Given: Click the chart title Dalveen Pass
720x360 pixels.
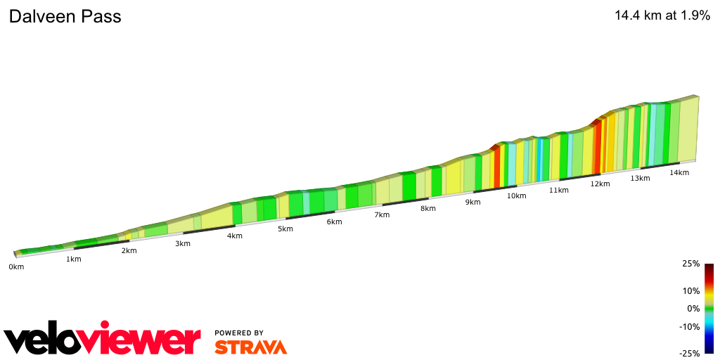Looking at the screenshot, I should [65, 17].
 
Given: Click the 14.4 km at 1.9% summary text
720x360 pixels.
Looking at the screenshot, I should [662, 16].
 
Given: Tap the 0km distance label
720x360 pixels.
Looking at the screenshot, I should [16, 267].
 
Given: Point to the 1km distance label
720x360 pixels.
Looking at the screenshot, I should [73, 259].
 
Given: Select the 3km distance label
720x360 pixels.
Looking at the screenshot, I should [182, 244].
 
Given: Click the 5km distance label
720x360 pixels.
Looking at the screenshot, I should [285, 229].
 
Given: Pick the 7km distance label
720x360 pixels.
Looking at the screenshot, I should [382, 214].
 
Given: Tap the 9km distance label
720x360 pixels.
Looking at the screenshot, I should [472, 202].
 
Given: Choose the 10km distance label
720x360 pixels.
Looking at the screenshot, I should [517, 195].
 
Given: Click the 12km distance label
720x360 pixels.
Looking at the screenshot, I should [600, 184].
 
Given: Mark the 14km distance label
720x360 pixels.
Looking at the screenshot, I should [679, 173].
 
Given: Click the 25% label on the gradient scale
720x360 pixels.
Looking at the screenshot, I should [691, 264].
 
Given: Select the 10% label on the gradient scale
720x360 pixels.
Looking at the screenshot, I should [691, 290].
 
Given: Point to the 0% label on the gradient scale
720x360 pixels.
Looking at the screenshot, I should [693, 308].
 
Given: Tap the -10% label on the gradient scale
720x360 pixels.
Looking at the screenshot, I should [690, 326].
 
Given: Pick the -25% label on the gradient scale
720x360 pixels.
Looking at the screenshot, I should [690, 353].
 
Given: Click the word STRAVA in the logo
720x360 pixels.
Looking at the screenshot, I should [250, 347].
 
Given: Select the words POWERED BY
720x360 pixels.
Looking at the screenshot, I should [239, 333].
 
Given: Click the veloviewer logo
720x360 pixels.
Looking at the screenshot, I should [103, 340].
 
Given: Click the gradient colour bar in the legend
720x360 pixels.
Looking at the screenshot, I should [709, 308].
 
